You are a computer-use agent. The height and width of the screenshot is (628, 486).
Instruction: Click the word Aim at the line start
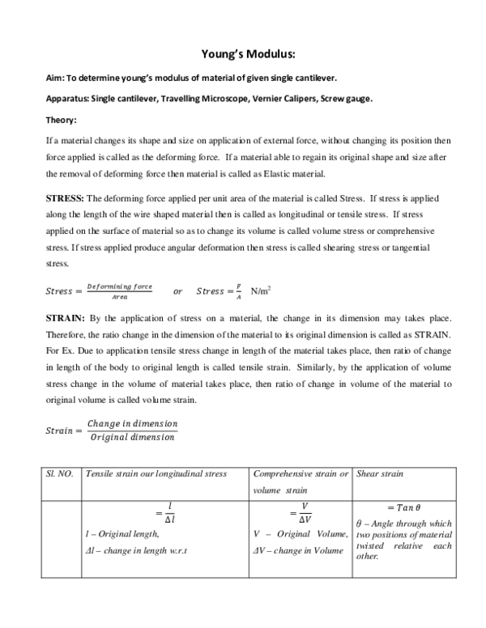coord(54,78)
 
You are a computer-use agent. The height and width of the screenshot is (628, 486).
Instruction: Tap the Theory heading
coord(61,121)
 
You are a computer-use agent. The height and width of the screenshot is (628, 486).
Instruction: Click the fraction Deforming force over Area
coord(120,291)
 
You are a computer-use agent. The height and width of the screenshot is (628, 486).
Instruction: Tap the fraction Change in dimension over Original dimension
coord(131,431)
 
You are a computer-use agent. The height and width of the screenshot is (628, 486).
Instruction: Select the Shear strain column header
coord(382,473)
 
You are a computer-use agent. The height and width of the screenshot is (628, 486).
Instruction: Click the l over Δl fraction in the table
coord(169,511)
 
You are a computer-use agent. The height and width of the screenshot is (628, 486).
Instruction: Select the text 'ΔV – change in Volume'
coord(296,551)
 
